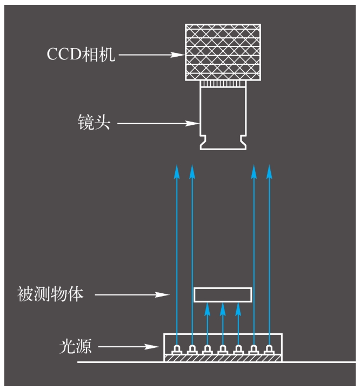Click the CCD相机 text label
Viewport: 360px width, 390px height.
(81, 55)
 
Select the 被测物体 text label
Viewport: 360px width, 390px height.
(51, 295)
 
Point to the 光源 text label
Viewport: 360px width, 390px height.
(75, 346)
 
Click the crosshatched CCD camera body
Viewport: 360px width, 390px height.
(223, 52)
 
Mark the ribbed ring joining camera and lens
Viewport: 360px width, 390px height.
(223, 84)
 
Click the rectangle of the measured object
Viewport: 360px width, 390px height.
(223, 294)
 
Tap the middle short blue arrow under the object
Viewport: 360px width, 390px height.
(223, 324)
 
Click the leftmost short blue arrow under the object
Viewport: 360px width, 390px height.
(208, 324)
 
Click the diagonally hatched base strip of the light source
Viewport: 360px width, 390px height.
(223, 358)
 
